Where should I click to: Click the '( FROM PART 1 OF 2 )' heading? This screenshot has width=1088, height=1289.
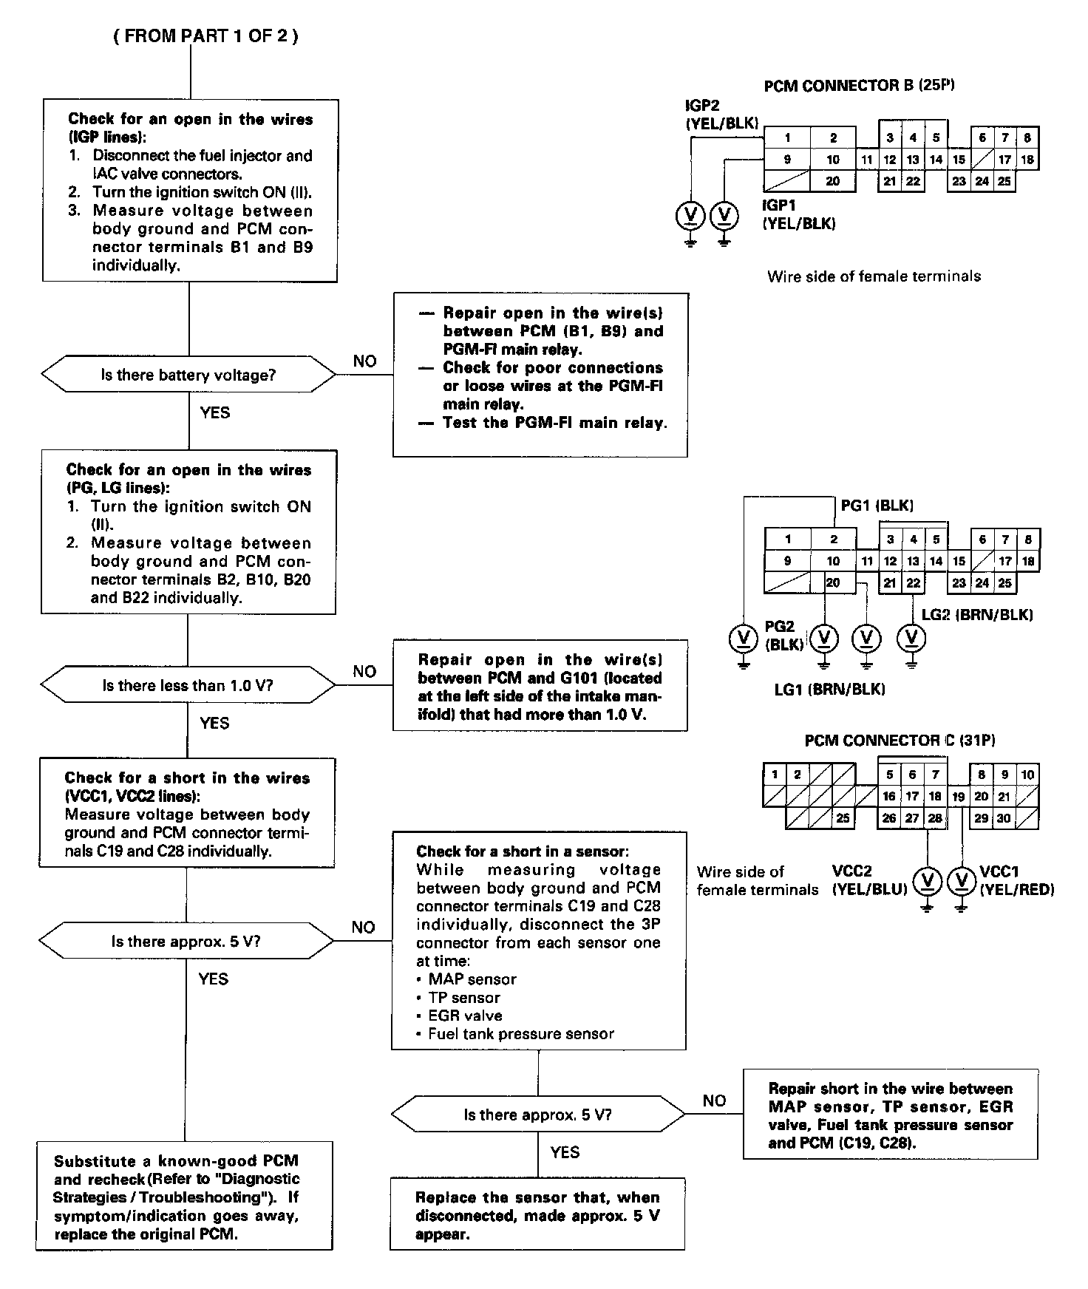pyautogui.click(x=205, y=36)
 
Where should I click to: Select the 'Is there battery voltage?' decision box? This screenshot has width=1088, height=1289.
pyautogui.click(x=188, y=375)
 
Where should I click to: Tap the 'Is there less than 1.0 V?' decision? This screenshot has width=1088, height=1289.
pyautogui.click(x=188, y=685)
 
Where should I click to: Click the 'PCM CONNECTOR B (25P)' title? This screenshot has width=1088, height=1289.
pyautogui.click(x=859, y=86)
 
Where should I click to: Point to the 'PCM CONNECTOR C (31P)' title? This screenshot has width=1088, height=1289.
pyautogui.click(x=900, y=740)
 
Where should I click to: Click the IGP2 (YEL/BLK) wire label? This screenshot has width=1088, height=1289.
pyautogui.click(x=721, y=115)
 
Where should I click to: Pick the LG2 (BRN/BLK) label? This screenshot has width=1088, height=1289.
pyautogui.click(x=977, y=614)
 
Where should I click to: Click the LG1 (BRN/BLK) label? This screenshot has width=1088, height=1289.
pyautogui.click(x=829, y=689)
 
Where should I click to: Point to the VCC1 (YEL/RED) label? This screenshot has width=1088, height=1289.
pyautogui.click(x=1016, y=880)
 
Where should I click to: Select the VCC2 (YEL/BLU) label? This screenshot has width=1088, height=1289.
pyautogui.click(x=869, y=880)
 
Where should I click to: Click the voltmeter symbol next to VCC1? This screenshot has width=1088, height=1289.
pyautogui.click(x=961, y=880)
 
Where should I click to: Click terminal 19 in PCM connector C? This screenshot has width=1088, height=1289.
pyautogui.click(x=959, y=797)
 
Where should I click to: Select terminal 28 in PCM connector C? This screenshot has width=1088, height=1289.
pyautogui.click(x=935, y=818)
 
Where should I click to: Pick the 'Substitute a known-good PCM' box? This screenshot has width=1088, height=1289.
pyautogui.click(x=184, y=1197)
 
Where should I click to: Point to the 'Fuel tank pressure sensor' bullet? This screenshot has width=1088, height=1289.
pyautogui.click(x=521, y=1034)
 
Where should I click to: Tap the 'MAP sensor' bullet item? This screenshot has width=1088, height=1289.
pyautogui.click(x=472, y=979)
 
